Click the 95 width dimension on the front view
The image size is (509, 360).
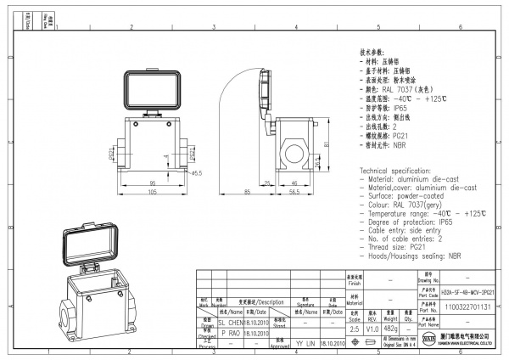(154, 183)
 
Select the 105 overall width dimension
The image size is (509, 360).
(154, 193)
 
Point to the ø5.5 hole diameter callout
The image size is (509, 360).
(196, 173)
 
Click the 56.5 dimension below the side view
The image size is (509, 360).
(295, 193)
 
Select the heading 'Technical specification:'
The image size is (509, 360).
(398, 171)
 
